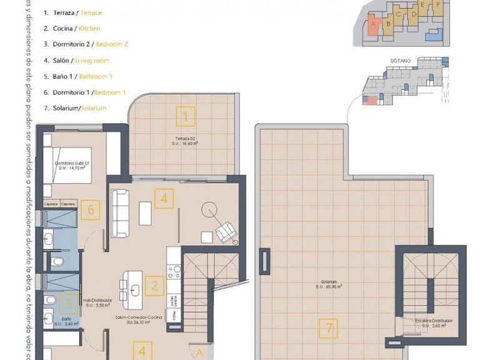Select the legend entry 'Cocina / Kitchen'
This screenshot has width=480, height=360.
click(x=72, y=28)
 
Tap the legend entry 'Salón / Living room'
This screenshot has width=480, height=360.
click(x=76, y=60)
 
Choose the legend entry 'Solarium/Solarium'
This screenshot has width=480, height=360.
click(x=75, y=107)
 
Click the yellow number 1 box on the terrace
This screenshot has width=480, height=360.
click(x=186, y=116)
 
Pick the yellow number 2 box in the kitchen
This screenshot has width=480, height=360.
click(x=154, y=286)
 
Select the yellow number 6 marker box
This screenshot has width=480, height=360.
click(x=91, y=209)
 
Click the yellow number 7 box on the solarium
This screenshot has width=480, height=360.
click(x=327, y=326)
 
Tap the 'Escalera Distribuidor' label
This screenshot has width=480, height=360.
click(x=434, y=322)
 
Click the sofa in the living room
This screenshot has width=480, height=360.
click(x=120, y=213)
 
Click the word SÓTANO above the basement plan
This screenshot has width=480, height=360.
click(x=399, y=61)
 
